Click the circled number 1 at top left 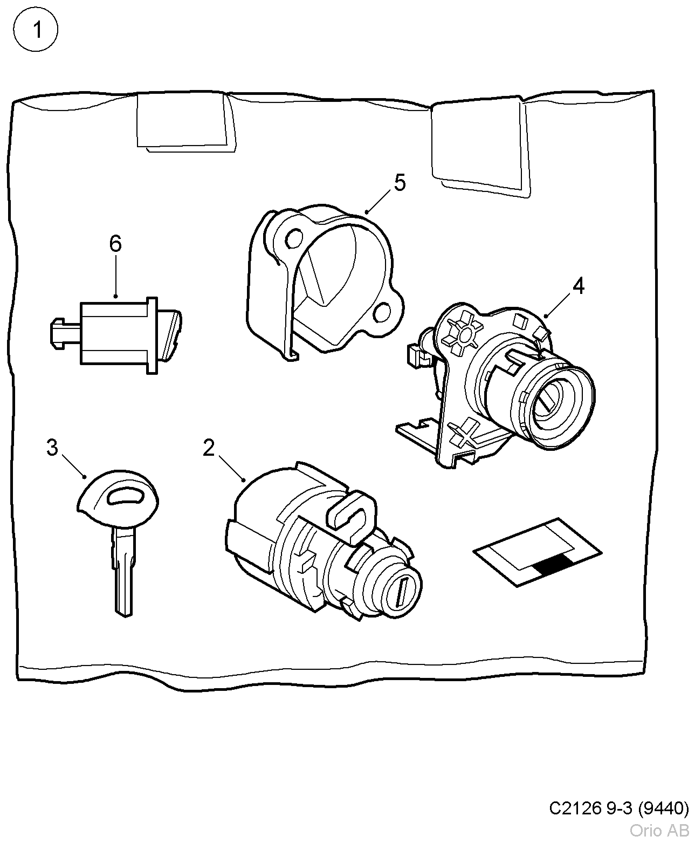tap(36, 31)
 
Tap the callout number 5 tap(399, 183)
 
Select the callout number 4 tap(578, 286)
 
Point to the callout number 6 tap(115, 244)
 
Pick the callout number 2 tap(209, 448)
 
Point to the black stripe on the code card tap(553, 564)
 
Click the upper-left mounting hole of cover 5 tap(293, 237)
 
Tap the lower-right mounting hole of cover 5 tap(384, 311)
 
